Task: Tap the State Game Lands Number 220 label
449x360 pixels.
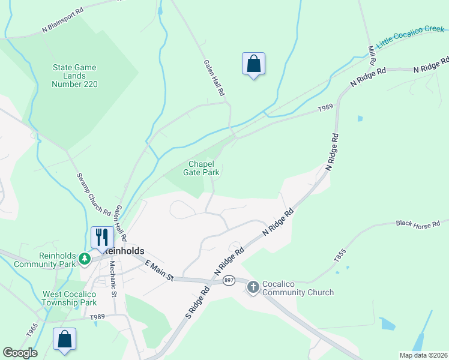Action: [x=74, y=76]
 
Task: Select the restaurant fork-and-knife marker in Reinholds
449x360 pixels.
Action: [x=101, y=238]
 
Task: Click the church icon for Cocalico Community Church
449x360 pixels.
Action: [x=253, y=287]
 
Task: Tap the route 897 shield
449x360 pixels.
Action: [x=228, y=281]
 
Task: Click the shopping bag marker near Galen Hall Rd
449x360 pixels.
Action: [x=253, y=64]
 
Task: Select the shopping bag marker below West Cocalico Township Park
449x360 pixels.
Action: [x=65, y=339]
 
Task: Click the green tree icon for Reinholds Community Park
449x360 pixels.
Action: [x=85, y=259]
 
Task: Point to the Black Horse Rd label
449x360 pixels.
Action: [x=418, y=224]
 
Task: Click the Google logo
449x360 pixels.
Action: [x=20, y=353]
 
